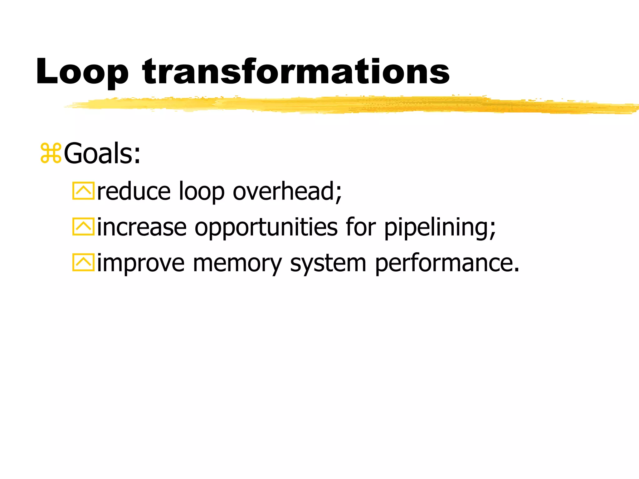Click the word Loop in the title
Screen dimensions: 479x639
click(x=82, y=72)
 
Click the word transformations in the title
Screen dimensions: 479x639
click(x=296, y=72)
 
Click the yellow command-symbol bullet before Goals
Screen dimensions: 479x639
click(x=51, y=153)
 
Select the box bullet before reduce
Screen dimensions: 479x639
click(x=83, y=191)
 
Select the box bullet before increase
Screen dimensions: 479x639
click(x=83, y=227)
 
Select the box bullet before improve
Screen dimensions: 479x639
click(x=83, y=263)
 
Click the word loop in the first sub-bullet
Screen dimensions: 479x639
click(x=201, y=192)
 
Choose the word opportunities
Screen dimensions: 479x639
click(x=266, y=228)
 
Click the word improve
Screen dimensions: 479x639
click(x=141, y=264)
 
